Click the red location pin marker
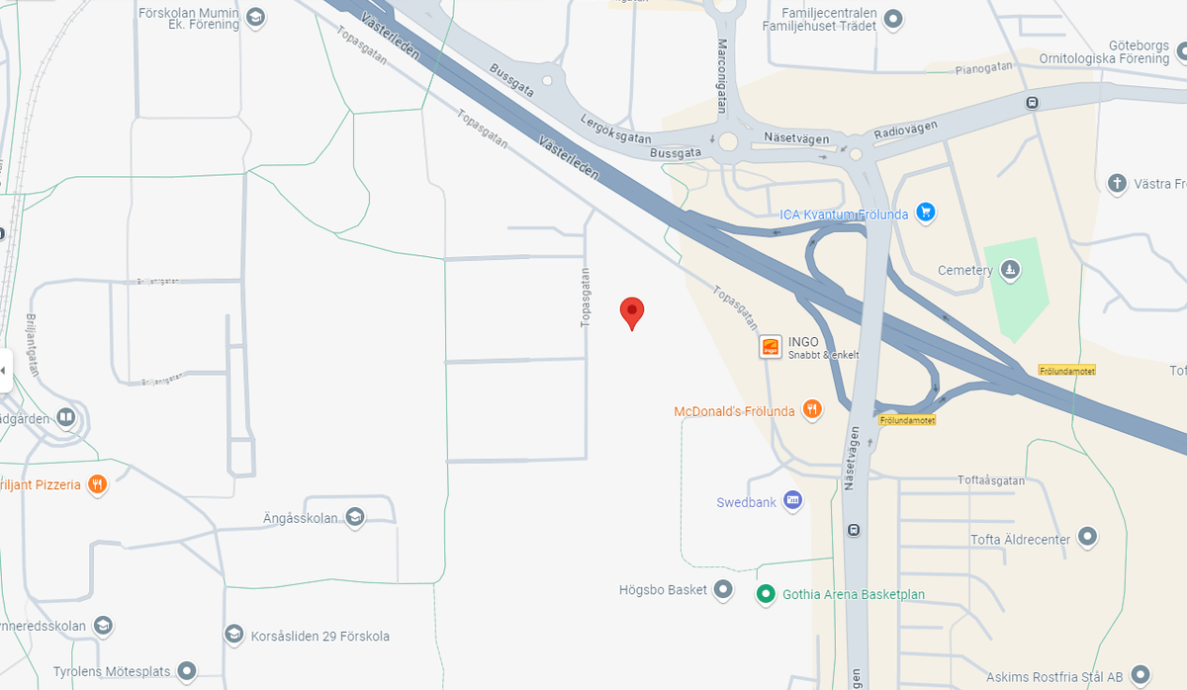(x=632, y=312)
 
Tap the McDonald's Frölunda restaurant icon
(x=812, y=410)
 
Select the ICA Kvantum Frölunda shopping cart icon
(x=926, y=213)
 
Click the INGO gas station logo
(x=771, y=347)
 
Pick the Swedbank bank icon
(x=792, y=501)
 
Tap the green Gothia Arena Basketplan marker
(x=765, y=594)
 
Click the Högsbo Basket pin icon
(x=724, y=590)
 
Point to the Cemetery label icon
(x=1010, y=270)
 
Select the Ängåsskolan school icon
(x=355, y=517)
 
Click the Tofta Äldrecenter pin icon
(x=1088, y=538)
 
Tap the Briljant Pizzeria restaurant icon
(x=97, y=484)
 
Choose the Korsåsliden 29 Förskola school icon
(x=234, y=635)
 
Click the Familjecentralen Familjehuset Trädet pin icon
(x=894, y=18)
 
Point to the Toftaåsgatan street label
(x=991, y=480)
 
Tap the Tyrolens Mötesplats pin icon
(x=186, y=671)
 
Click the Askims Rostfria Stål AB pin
(x=1141, y=676)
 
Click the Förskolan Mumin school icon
(x=256, y=17)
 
